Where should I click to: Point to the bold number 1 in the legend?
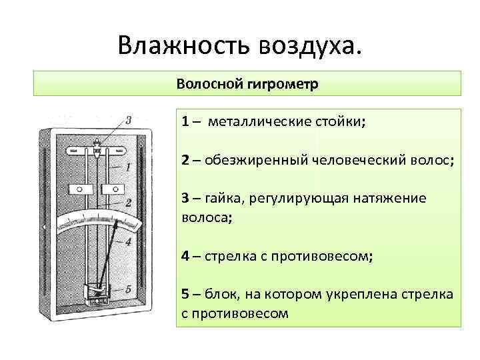185,122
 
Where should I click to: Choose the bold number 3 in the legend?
185,198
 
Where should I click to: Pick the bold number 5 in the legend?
185,294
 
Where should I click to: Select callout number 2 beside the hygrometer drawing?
127,201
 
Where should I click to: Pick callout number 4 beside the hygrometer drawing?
128,243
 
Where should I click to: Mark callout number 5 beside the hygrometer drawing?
128,289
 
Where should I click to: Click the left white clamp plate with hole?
80,189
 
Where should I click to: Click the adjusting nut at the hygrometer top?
97,148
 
